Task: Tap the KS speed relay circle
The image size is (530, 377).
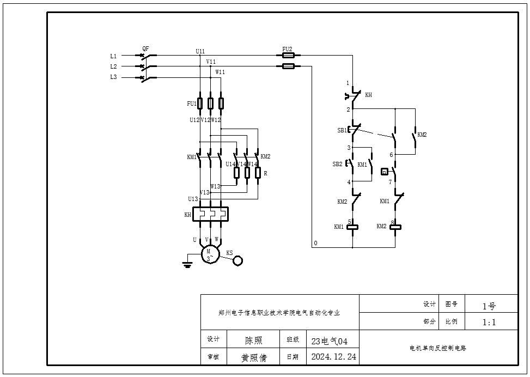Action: coord(238,261)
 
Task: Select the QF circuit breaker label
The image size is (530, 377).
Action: coord(145,48)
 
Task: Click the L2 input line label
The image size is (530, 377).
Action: coord(113,66)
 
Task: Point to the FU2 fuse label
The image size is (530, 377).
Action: coord(287,49)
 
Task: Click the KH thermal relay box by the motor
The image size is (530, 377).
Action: coord(210,215)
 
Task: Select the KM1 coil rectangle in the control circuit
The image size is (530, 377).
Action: coord(352,227)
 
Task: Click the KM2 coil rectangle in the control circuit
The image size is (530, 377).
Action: coord(395,227)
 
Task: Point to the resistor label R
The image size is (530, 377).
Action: coord(265,174)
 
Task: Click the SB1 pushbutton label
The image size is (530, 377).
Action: coord(341,131)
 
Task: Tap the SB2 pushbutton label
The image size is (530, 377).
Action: coord(337,164)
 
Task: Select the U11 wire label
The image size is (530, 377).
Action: coord(200,51)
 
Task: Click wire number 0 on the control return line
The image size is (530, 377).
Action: coord(315,243)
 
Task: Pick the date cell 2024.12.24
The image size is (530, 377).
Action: coord(333,357)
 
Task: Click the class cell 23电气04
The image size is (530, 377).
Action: coord(329,342)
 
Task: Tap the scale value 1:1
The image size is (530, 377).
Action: coord(489,322)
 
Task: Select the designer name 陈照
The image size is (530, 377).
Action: coord(253,340)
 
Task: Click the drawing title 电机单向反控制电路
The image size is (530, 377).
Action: coord(438,347)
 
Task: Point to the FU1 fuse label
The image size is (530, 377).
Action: coord(191,103)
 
